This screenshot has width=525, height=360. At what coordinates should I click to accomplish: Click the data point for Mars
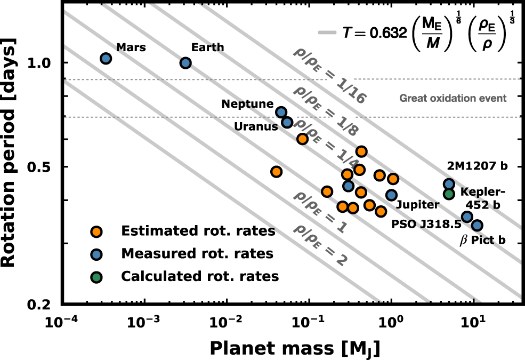click(x=106, y=58)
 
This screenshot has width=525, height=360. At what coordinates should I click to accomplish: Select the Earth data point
click(x=185, y=63)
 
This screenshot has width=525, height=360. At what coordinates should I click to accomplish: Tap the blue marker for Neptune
click(x=281, y=112)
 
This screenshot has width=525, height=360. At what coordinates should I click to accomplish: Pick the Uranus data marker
click(x=287, y=123)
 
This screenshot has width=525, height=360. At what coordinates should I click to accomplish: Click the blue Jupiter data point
click(x=391, y=195)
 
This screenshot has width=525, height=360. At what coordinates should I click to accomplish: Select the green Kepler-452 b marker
click(x=449, y=194)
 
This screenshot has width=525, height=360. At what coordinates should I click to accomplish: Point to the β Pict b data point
click(x=477, y=226)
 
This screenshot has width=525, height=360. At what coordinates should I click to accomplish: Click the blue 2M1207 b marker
click(x=449, y=184)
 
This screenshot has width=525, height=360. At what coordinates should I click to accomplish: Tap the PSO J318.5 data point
click(x=467, y=217)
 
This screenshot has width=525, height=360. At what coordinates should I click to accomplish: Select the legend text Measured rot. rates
click(x=197, y=254)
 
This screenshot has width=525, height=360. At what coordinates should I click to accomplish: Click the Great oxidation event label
click(x=453, y=98)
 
